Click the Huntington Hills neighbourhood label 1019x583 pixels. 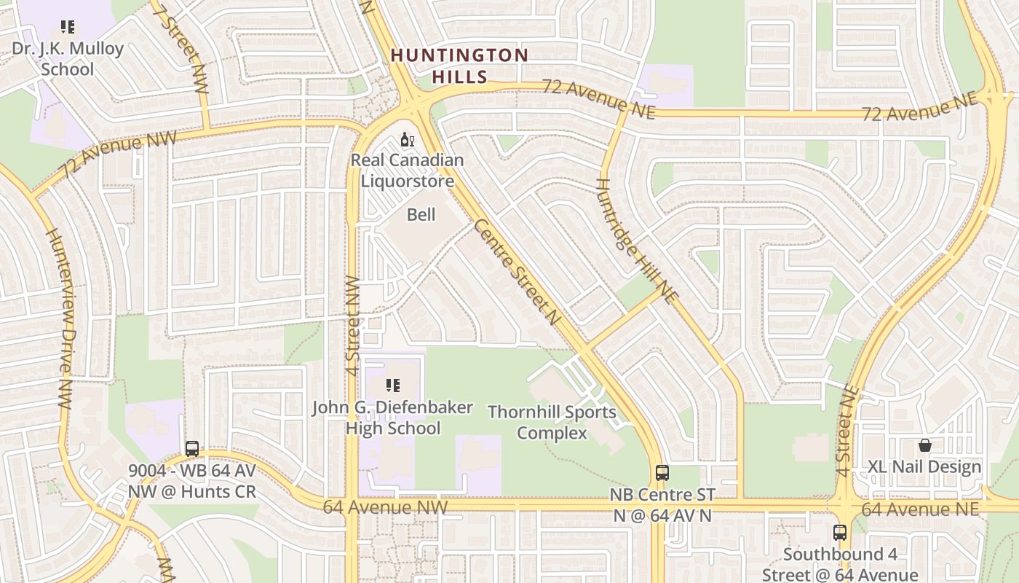[459, 66]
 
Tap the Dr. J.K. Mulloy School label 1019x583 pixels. [68, 59]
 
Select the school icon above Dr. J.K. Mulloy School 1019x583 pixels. [68, 28]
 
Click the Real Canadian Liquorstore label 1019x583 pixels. [407, 171]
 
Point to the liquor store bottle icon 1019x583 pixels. [407, 139]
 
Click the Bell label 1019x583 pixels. [421, 214]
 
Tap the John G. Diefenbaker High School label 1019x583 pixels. [393, 418]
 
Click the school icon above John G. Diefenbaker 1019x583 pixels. [393, 385]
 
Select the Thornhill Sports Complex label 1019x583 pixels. [552, 422]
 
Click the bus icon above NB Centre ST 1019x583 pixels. [662, 472]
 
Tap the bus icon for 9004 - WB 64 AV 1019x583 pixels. [192, 449]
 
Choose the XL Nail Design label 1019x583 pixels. [924, 466]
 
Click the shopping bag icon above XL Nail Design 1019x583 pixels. [924, 445]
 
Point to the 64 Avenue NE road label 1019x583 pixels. [919, 509]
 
